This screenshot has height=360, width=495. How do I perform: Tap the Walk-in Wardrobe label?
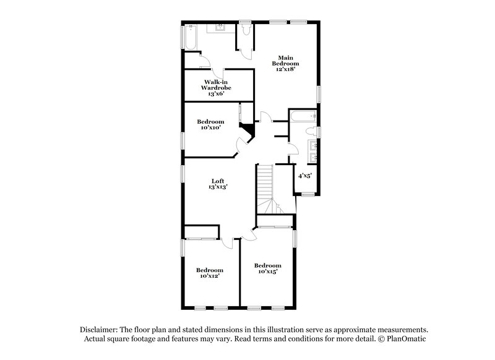(x=210, y=88)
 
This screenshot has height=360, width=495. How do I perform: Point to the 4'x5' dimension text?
(x=305, y=176)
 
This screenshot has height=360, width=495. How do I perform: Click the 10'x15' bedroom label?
(x=269, y=268)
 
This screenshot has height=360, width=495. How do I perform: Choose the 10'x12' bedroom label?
(x=210, y=272)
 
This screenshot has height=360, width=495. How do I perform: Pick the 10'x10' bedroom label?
(x=210, y=124)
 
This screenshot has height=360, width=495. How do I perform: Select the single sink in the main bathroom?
(x=220, y=27)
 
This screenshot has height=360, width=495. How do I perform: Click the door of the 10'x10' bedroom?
(x=239, y=150)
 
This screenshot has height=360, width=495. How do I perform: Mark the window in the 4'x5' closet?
(x=307, y=194)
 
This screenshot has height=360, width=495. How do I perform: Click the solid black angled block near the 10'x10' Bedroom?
(x=248, y=131)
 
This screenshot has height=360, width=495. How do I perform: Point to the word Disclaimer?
(x=100, y=330)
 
